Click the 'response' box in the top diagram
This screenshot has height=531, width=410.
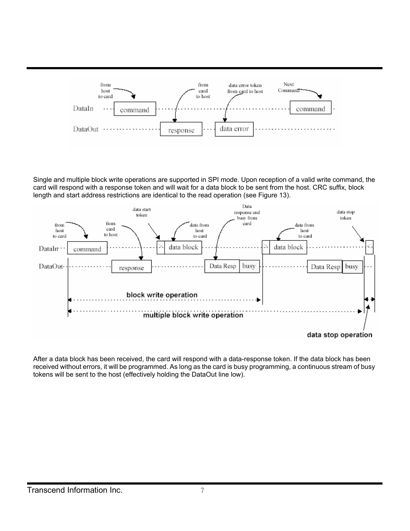[x=181, y=129]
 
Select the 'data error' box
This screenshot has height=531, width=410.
[x=234, y=129]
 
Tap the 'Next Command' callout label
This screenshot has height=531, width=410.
[x=288, y=87]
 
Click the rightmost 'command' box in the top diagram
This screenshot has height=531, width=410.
[x=310, y=108]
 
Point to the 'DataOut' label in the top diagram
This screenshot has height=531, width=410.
[x=86, y=129]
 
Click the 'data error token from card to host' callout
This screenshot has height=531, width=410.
[x=245, y=88]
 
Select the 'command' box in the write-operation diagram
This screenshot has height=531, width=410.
[x=87, y=249]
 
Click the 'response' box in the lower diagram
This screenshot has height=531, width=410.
[x=131, y=267]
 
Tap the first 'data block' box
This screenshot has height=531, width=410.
[x=184, y=247]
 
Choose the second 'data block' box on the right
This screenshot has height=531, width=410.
[x=288, y=247]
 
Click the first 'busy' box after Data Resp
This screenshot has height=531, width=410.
[x=249, y=266]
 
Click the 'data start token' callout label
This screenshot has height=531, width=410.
[x=141, y=212]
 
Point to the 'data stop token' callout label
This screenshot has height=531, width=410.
[x=346, y=215]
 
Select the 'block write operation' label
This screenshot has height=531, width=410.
[x=162, y=295]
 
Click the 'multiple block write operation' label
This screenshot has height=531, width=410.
[x=193, y=315]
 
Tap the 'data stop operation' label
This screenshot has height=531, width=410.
[x=340, y=335]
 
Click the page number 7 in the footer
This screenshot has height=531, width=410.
[x=202, y=491]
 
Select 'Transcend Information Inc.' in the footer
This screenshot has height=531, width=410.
[x=75, y=490]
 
